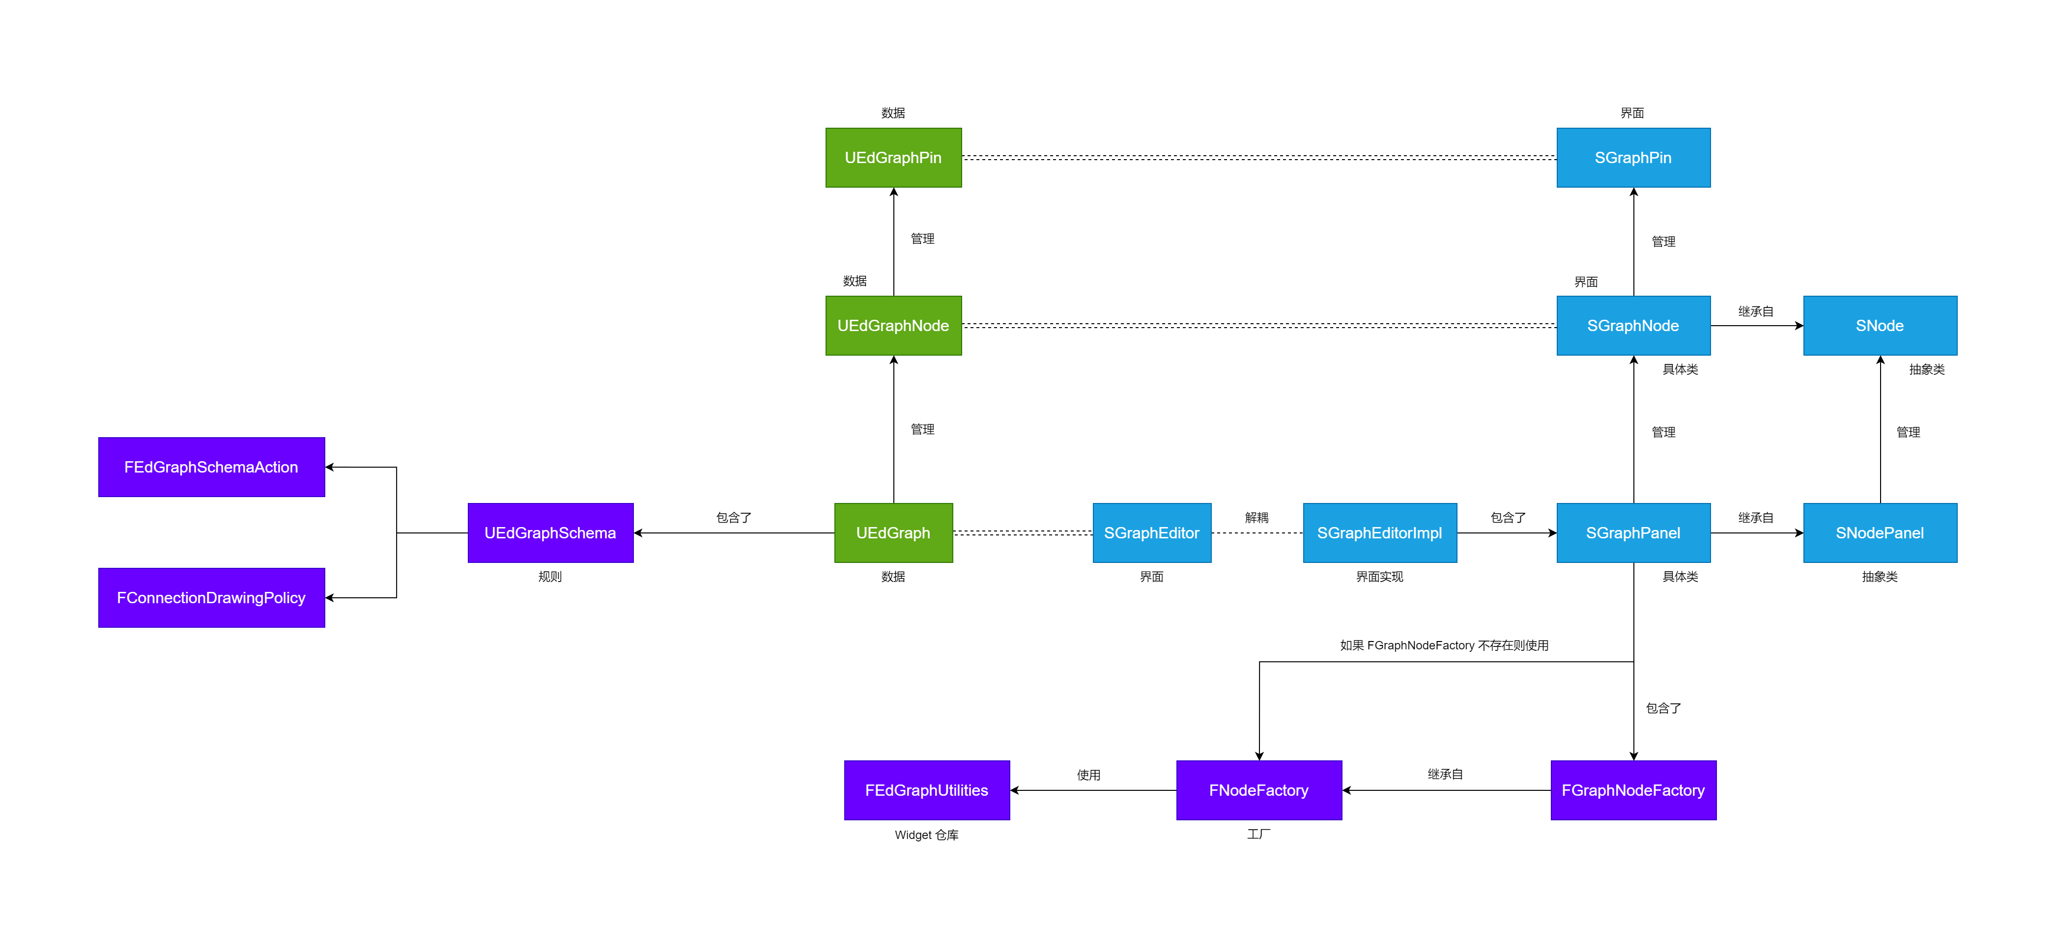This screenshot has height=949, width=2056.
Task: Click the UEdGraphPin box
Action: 893,157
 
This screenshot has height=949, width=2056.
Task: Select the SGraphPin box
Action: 1633,157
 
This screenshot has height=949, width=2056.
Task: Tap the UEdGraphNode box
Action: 893,326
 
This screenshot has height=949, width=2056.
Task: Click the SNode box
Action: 1880,326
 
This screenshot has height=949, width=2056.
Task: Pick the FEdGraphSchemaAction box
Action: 211,467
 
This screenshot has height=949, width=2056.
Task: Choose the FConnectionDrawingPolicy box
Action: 211,598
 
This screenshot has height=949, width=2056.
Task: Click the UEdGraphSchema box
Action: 550,532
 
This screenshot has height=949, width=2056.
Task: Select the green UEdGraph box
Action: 893,532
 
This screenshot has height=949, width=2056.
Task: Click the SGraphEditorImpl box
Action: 1379,532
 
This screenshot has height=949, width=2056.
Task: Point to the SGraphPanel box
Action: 1633,532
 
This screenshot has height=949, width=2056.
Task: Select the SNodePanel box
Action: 1880,532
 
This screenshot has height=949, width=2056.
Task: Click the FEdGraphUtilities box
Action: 927,790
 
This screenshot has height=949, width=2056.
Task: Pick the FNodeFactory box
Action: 1258,790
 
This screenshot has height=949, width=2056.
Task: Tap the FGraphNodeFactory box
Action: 1633,790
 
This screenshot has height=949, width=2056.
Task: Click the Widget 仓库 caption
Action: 927,835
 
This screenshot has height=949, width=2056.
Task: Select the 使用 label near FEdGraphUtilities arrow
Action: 1088,775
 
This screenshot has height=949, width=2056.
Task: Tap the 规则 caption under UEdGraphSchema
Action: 550,576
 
